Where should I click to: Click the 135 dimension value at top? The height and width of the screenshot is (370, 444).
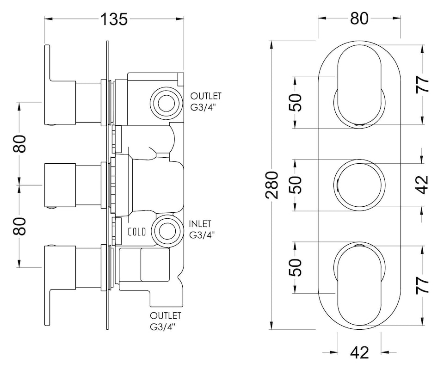tap(114, 19)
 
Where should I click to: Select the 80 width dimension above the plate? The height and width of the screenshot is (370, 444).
tap(359, 18)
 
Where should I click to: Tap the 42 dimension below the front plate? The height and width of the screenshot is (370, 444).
tap(359, 352)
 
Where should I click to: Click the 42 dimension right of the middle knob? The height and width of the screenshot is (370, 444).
tap(422, 185)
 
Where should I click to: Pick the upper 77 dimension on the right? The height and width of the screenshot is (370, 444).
tap(422, 85)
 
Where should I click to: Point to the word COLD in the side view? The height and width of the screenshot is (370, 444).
tap(137, 232)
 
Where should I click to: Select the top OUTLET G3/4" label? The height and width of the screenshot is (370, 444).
tap(206, 101)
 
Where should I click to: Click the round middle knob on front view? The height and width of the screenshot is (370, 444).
tap(359, 185)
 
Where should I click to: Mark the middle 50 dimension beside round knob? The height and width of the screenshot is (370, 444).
tap(297, 185)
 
